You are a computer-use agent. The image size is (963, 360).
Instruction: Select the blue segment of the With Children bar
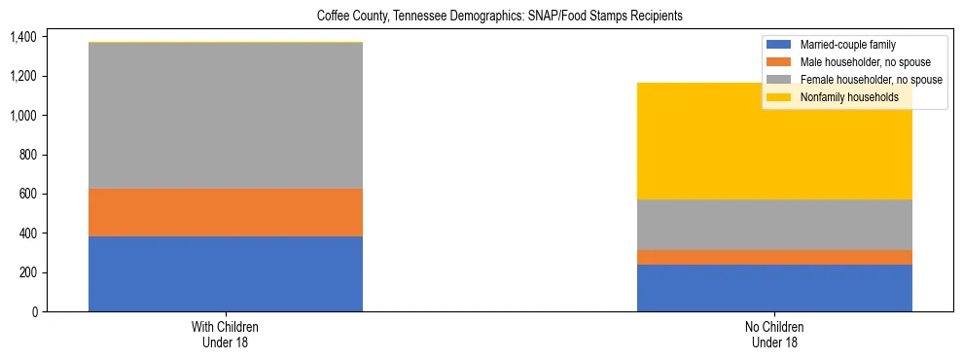point(226,273)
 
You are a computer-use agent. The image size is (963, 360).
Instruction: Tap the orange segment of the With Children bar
point(226,212)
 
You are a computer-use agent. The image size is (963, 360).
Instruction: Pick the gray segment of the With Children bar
point(226,116)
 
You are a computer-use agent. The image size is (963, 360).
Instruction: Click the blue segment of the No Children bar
point(774,288)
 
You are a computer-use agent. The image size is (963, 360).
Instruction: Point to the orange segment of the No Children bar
point(774,257)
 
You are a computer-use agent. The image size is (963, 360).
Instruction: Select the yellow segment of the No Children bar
point(774,141)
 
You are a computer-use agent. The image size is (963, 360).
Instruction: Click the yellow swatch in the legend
point(780,97)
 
